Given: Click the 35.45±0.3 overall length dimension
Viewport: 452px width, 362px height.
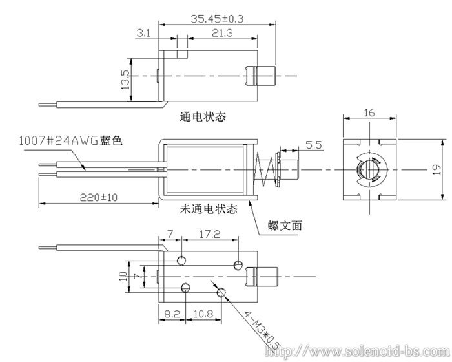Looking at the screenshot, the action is coord(217,19).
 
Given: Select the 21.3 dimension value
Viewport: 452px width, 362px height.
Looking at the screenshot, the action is coord(222,33).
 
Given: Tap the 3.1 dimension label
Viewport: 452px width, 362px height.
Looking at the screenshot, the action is coord(143,34).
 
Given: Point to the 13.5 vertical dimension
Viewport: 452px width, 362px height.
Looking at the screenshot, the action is coord(126,80).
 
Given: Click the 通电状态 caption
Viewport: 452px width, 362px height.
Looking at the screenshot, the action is coord(203,116).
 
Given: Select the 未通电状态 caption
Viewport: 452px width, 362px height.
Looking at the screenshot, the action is coord(209,208).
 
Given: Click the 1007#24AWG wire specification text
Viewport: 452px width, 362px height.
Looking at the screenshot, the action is coord(59,141).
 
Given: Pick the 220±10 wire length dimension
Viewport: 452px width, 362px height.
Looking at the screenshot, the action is coord(99,197).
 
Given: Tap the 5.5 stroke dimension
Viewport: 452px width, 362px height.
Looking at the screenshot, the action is coord(313,145).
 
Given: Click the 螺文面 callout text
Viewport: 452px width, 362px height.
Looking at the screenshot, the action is coord(285,225).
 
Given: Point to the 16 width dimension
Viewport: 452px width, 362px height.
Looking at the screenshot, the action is coord(369,112).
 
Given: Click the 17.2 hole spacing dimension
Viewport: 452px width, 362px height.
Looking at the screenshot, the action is coord(210,234).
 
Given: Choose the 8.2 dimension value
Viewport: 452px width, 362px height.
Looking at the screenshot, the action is coord(172,314).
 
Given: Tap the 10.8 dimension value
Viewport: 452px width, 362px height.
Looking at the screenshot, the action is coord(203,314).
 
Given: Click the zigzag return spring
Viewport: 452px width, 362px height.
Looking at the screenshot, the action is coord(265,170).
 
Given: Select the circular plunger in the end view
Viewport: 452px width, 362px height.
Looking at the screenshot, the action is coord(370,169).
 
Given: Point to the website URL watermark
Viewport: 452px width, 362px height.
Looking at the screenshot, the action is coord(358,351).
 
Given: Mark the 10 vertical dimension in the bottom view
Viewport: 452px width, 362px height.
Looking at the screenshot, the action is coord(123,276).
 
